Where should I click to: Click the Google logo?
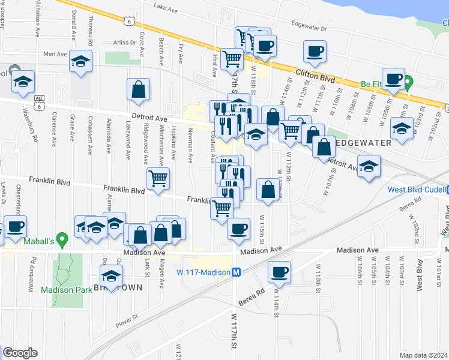point(20,353)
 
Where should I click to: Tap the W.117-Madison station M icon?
point(237,272)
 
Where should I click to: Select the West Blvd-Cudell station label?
point(415,190)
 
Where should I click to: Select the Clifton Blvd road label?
point(315,74)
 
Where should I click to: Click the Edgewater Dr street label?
point(308,28)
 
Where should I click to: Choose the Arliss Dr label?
point(125,43)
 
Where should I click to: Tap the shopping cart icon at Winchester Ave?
point(158,178)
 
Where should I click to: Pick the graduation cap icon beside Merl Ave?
point(80,61)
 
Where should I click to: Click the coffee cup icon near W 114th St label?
point(279,271)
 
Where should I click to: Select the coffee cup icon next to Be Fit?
point(394,79)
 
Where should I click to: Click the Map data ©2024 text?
point(423,355)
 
